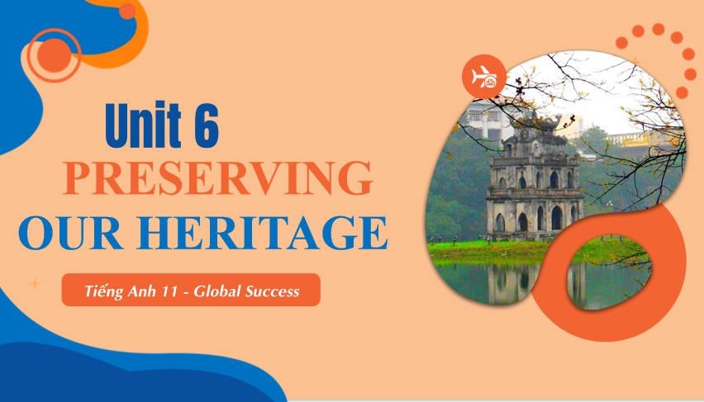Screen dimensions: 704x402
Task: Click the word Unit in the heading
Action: tap(143, 125)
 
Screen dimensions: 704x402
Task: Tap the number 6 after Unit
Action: tap(206, 125)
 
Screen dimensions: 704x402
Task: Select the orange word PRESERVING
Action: tap(218, 177)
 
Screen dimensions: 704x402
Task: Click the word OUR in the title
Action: tap(70, 233)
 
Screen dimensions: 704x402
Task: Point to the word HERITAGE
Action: tap(262, 233)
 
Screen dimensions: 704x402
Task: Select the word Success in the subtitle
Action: tap(272, 292)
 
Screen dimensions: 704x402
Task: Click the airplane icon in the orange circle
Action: tap(483, 77)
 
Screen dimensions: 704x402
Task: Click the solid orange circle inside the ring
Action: tap(55, 55)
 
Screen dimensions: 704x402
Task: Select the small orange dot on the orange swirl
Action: tap(127, 11)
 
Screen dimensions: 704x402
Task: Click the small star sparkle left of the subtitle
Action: tap(35, 284)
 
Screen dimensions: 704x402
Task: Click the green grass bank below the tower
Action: tap(489, 250)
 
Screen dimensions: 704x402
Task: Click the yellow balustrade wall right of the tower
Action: tap(638, 139)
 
